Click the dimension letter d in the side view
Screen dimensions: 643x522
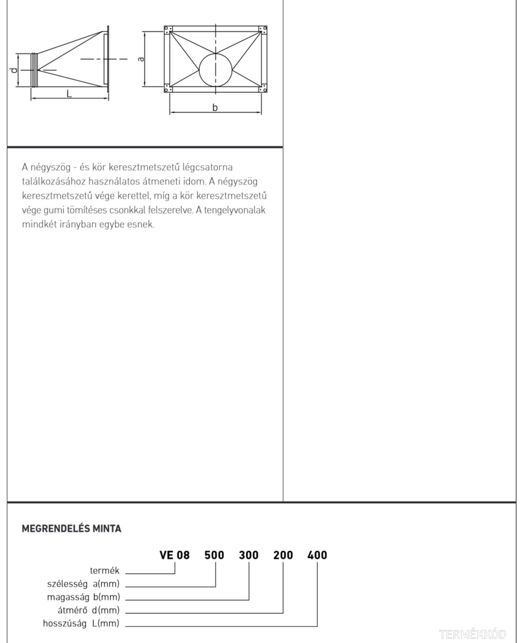click(14, 70)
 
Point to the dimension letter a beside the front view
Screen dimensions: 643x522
click(141, 59)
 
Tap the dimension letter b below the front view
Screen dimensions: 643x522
click(215, 108)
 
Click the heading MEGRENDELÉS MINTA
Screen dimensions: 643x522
click(71, 529)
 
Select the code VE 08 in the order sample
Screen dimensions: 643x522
click(175, 555)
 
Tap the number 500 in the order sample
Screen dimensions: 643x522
click(214, 555)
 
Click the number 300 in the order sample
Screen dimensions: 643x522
click(249, 555)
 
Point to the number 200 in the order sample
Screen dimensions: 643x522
click(283, 555)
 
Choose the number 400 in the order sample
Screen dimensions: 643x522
click(317, 555)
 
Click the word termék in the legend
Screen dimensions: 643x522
click(105, 570)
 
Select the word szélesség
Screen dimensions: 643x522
click(67, 584)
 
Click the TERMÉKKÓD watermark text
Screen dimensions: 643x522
click(473, 634)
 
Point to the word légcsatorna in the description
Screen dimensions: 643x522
click(208, 167)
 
